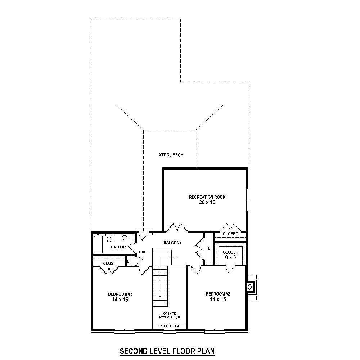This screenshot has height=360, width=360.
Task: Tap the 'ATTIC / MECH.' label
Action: point(171,155)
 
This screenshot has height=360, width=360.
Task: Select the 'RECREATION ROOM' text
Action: point(207,197)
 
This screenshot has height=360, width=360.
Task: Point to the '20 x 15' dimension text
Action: point(207,202)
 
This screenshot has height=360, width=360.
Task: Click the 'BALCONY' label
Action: point(172,243)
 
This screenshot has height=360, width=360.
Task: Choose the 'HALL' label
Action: point(144,252)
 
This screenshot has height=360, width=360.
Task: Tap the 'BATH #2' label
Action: point(118,247)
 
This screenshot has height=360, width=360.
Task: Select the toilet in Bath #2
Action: point(109,238)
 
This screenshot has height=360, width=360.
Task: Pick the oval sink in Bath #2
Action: point(125,238)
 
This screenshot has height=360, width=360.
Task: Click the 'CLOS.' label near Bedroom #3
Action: point(109,263)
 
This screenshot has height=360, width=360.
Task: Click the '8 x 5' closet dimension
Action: point(230,257)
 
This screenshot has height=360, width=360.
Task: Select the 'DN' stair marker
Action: point(175,258)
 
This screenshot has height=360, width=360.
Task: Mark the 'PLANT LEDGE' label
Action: point(169,326)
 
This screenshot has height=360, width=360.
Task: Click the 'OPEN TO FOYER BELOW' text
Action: point(169,315)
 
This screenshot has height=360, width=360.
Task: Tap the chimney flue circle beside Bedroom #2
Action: point(249,287)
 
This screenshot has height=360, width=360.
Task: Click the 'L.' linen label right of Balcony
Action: point(209,248)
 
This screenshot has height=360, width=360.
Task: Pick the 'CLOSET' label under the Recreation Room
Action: point(230,234)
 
